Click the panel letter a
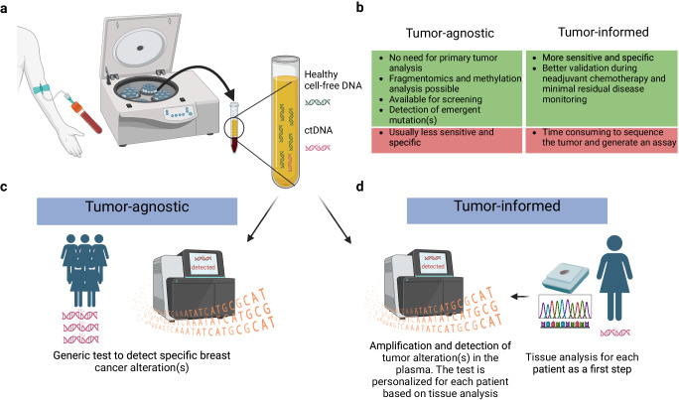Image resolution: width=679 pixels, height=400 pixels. (7, 9)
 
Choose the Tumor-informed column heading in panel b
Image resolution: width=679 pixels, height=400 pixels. (593, 37)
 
